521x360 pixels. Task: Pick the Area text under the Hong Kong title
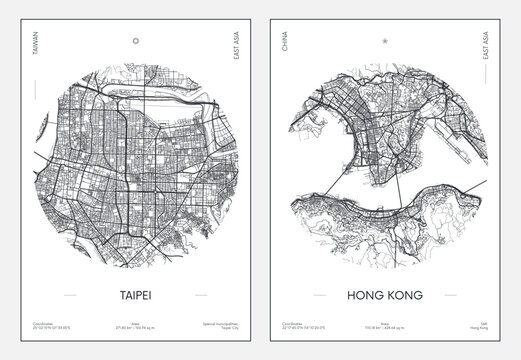(x=385, y=324)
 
